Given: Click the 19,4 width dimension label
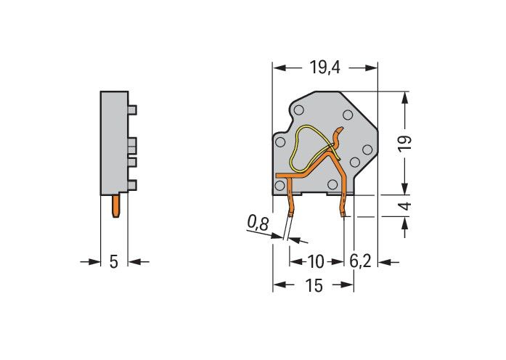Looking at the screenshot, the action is click(x=325, y=67).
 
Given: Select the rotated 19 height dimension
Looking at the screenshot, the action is click(x=404, y=142).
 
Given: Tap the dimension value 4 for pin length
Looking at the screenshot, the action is click(x=407, y=206).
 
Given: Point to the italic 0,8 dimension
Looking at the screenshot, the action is click(x=258, y=224).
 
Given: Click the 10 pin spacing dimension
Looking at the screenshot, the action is click(x=315, y=261).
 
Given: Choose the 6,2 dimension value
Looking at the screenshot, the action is click(x=361, y=261).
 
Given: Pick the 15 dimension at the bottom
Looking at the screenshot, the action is click(x=314, y=285).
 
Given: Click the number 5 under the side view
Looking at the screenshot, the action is click(x=113, y=261).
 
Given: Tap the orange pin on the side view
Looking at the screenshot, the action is click(x=116, y=206).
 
